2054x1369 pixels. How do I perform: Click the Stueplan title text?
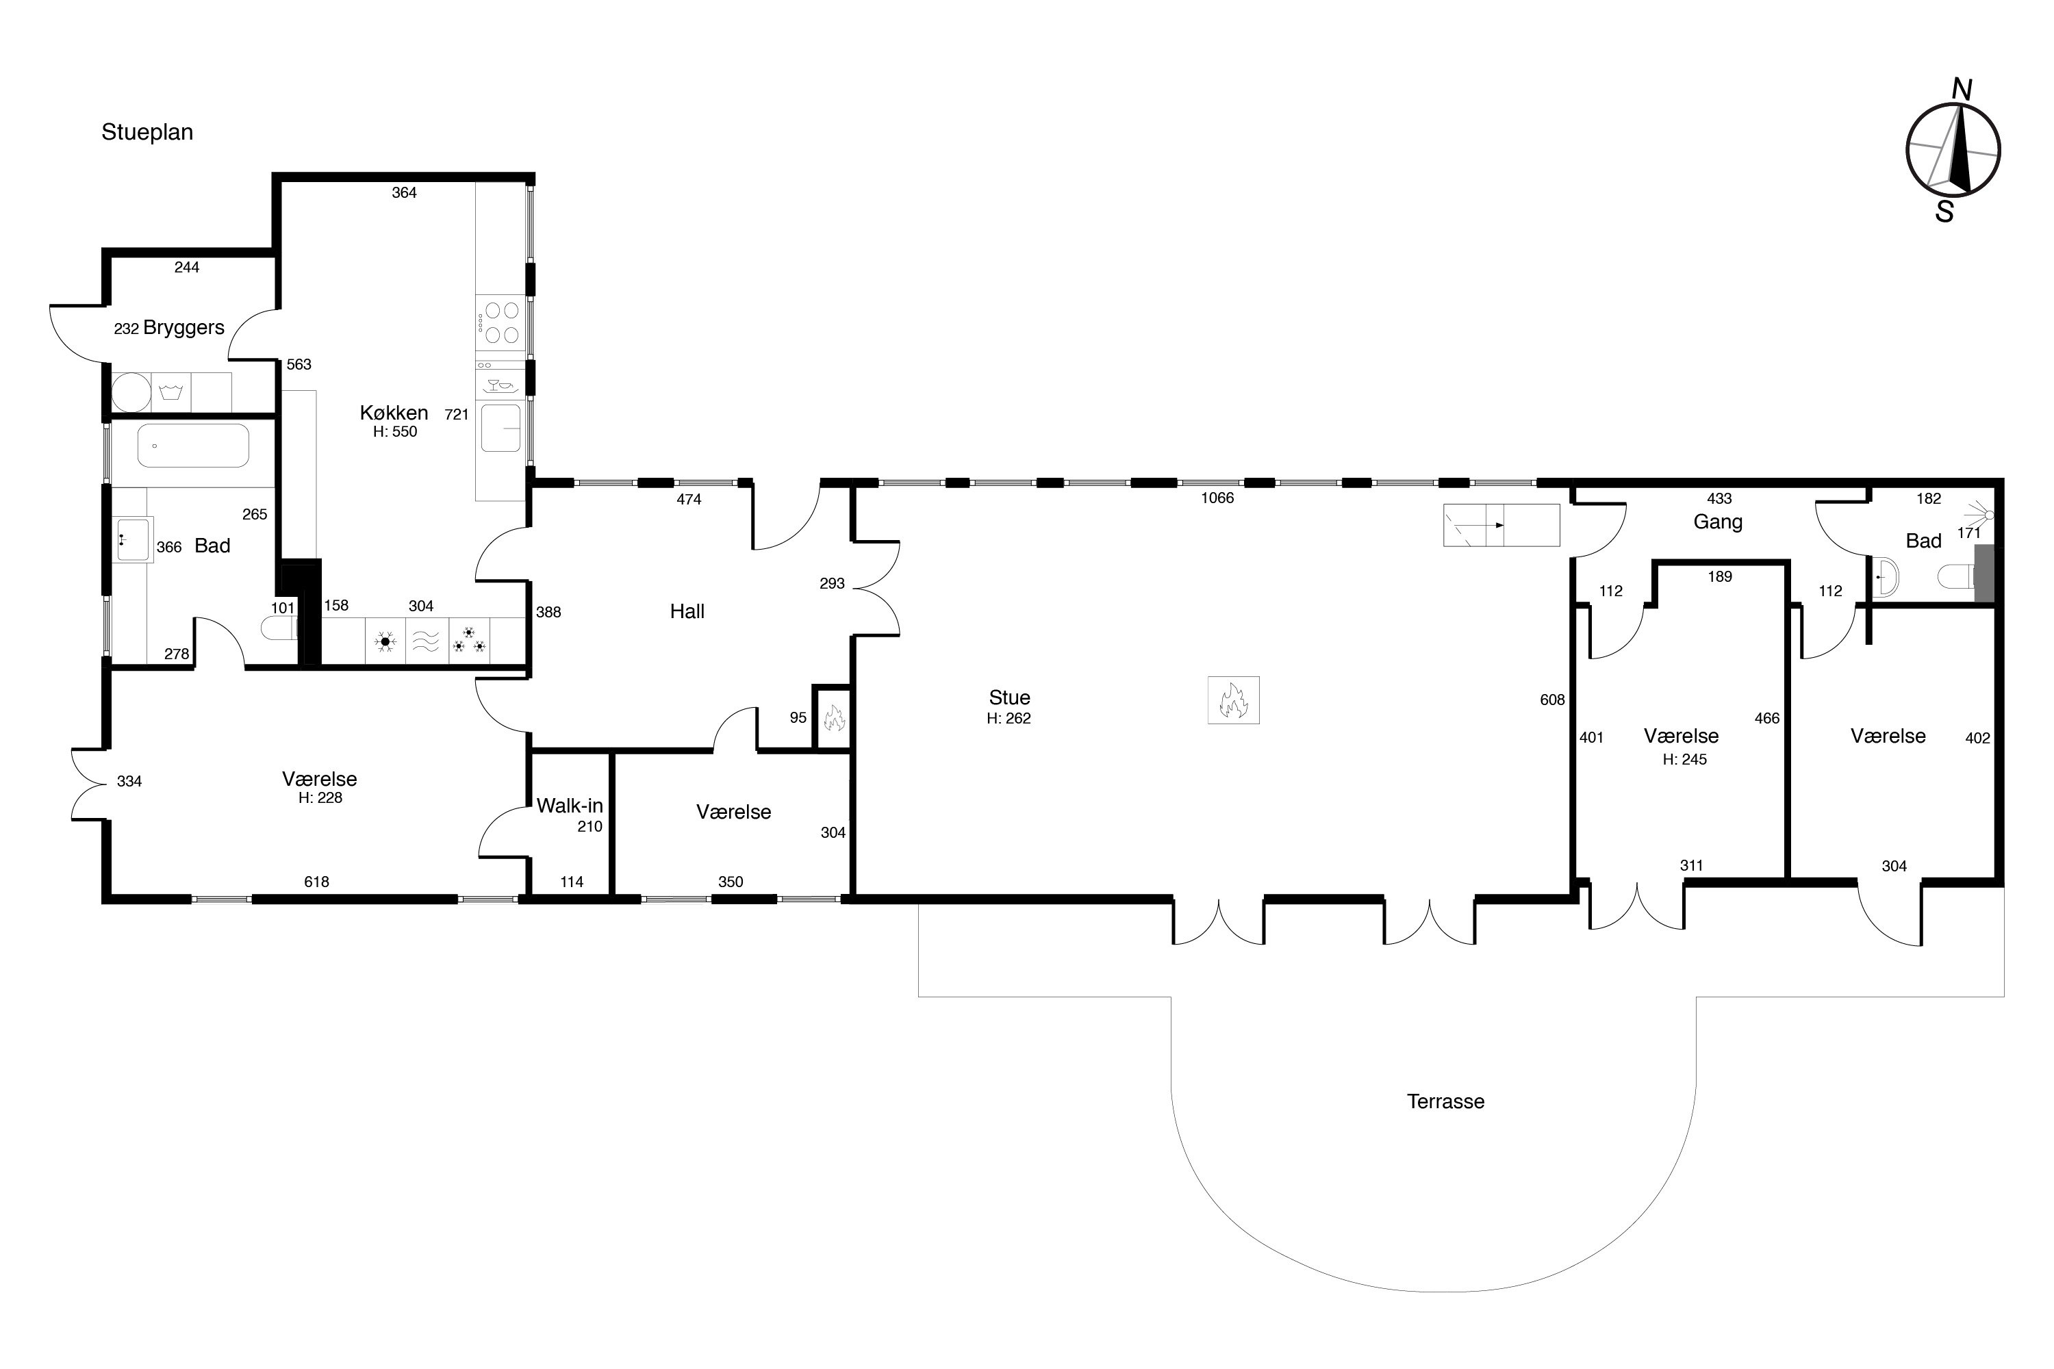[x=147, y=133]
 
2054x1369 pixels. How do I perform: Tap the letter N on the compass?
[x=1962, y=90]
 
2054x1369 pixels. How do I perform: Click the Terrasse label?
[x=1445, y=1102]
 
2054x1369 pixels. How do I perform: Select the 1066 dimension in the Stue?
[x=1217, y=498]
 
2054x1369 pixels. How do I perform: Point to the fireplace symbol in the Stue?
[x=1233, y=700]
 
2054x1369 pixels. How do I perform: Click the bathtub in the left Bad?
[x=193, y=446]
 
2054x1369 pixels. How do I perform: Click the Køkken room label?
[x=394, y=413]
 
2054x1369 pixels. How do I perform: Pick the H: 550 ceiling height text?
[x=396, y=432]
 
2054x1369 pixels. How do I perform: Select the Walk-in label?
[x=570, y=806]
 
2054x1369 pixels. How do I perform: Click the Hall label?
[x=687, y=612]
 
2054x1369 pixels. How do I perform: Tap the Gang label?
[x=1718, y=522]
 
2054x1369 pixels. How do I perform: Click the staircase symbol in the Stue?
[x=1501, y=526]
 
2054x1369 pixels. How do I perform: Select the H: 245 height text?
[x=1684, y=760]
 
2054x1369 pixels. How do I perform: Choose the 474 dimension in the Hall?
[x=689, y=500]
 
